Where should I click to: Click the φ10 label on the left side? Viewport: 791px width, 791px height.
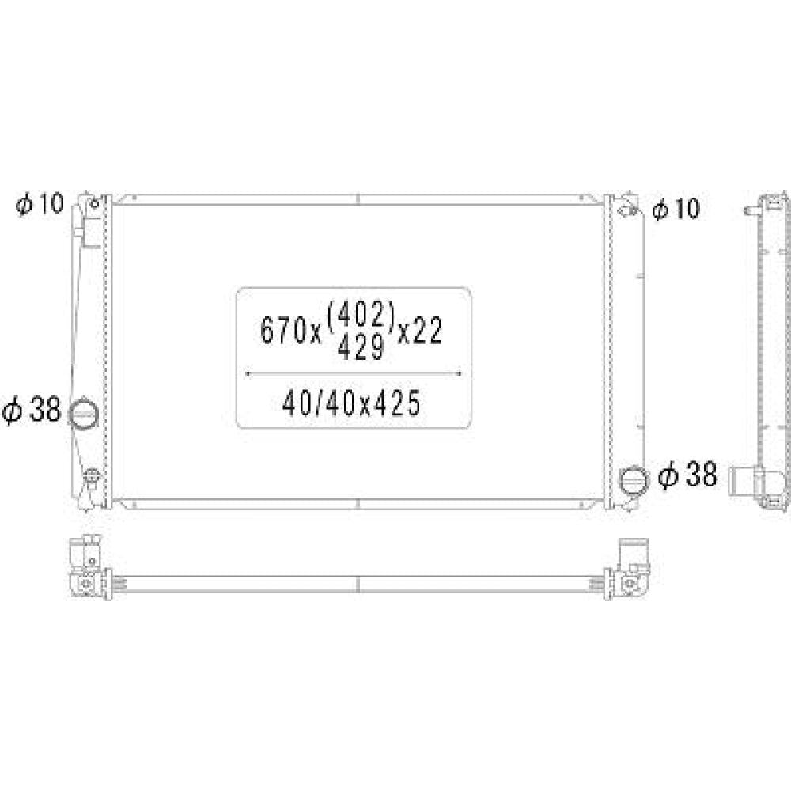pos(40,204)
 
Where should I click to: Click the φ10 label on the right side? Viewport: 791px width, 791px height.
pos(676,208)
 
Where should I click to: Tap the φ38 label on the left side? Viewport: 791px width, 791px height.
pos(31,409)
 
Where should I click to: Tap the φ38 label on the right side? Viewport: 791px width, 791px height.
pos(687,475)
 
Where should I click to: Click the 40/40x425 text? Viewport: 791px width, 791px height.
pos(352,403)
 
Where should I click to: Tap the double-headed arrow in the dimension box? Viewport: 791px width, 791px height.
pos(354,374)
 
